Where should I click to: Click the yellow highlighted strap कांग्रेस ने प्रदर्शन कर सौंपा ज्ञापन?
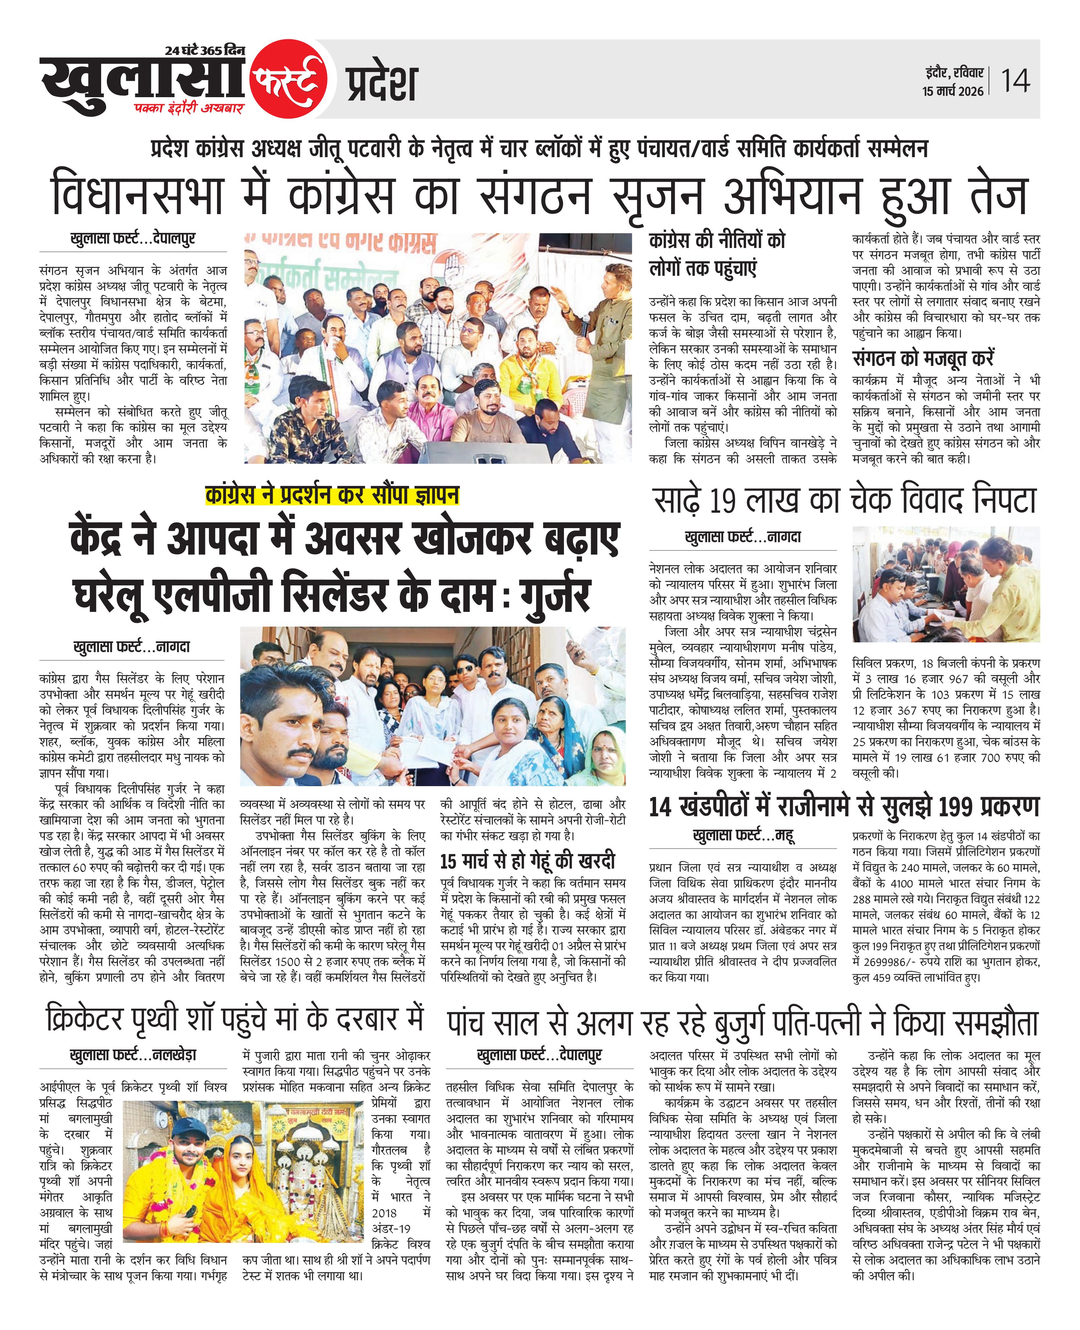332,495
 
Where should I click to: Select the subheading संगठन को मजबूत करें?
923,359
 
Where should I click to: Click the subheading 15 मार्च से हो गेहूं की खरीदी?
527,861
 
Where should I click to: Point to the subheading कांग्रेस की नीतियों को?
717,240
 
